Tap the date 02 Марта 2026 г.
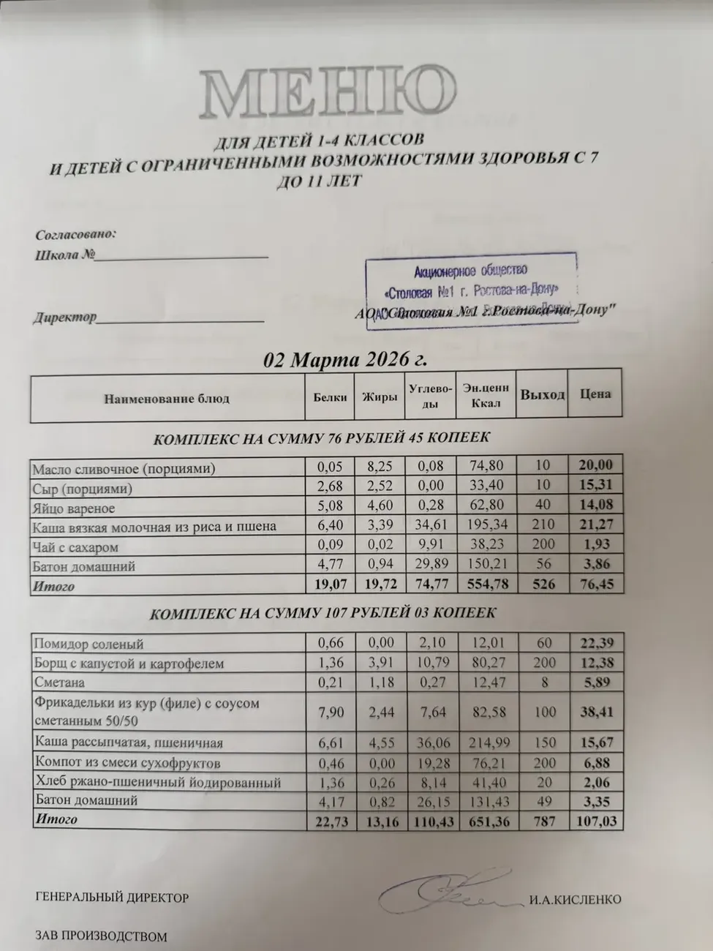click(x=345, y=360)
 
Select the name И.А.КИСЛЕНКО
click(x=575, y=899)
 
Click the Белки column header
click(x=329, y=397)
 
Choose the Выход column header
click(x=542, y=395)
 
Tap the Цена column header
click(x=595, y=394)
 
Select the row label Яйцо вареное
click(x=74, y=508)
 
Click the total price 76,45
click(x=596, y=584)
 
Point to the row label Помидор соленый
click(x=88, y=644)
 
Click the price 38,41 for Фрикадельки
click(x=596, y=711)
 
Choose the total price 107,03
click(x=596, y=821)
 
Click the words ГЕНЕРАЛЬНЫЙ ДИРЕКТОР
click(x=112, y=898)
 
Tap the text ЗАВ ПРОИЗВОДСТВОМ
click(x=101, y=936)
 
